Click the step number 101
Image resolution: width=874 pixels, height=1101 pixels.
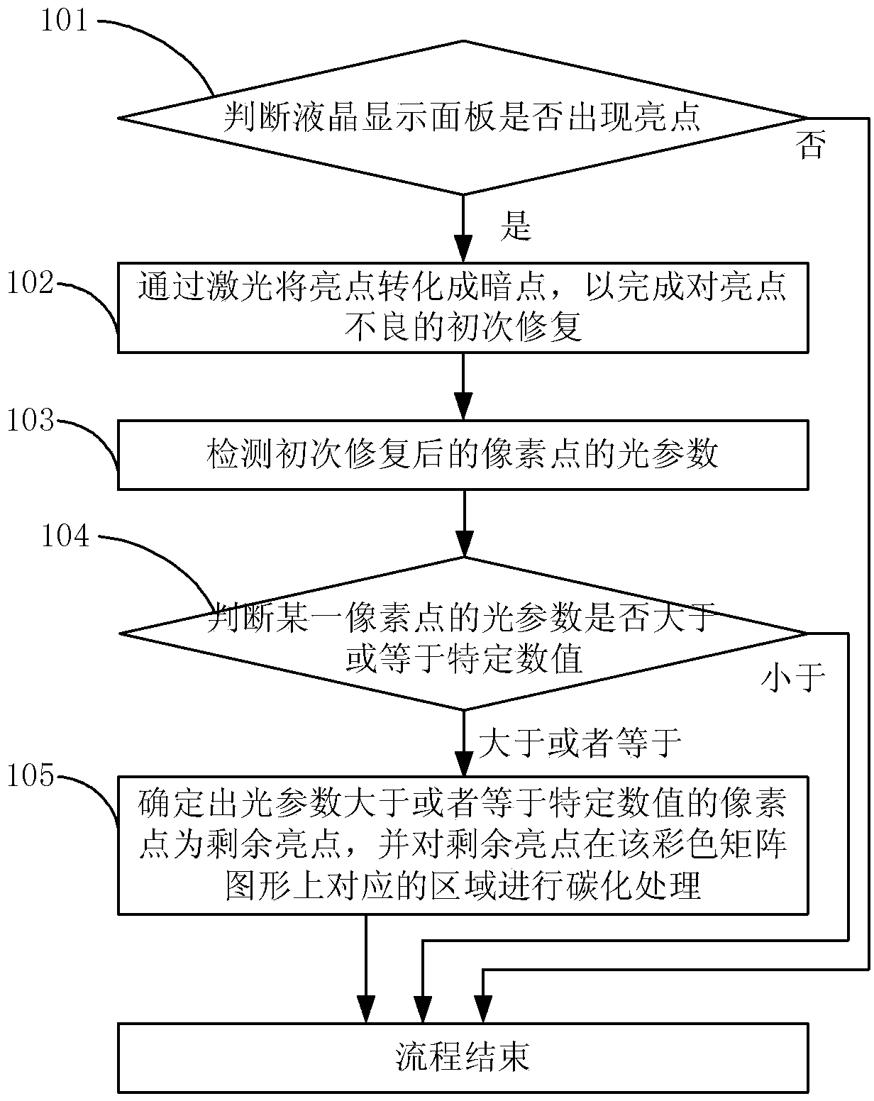pos(65,21)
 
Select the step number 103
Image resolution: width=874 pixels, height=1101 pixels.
pos(31,420)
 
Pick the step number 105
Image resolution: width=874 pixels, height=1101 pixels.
pos(31,775)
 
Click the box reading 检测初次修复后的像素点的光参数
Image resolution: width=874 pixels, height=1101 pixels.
pos(463,455)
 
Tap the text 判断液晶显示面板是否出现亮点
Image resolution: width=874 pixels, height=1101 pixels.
pos(462,117)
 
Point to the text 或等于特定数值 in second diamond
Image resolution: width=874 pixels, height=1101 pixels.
pos(464,658)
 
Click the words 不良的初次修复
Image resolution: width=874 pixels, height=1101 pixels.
pos(464,326)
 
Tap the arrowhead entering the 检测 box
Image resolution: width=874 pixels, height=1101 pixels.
pos(464,406)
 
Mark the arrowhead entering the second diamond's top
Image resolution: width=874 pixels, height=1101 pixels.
pos(464,543)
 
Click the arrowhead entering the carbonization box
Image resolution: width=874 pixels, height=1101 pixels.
pos(464,763)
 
